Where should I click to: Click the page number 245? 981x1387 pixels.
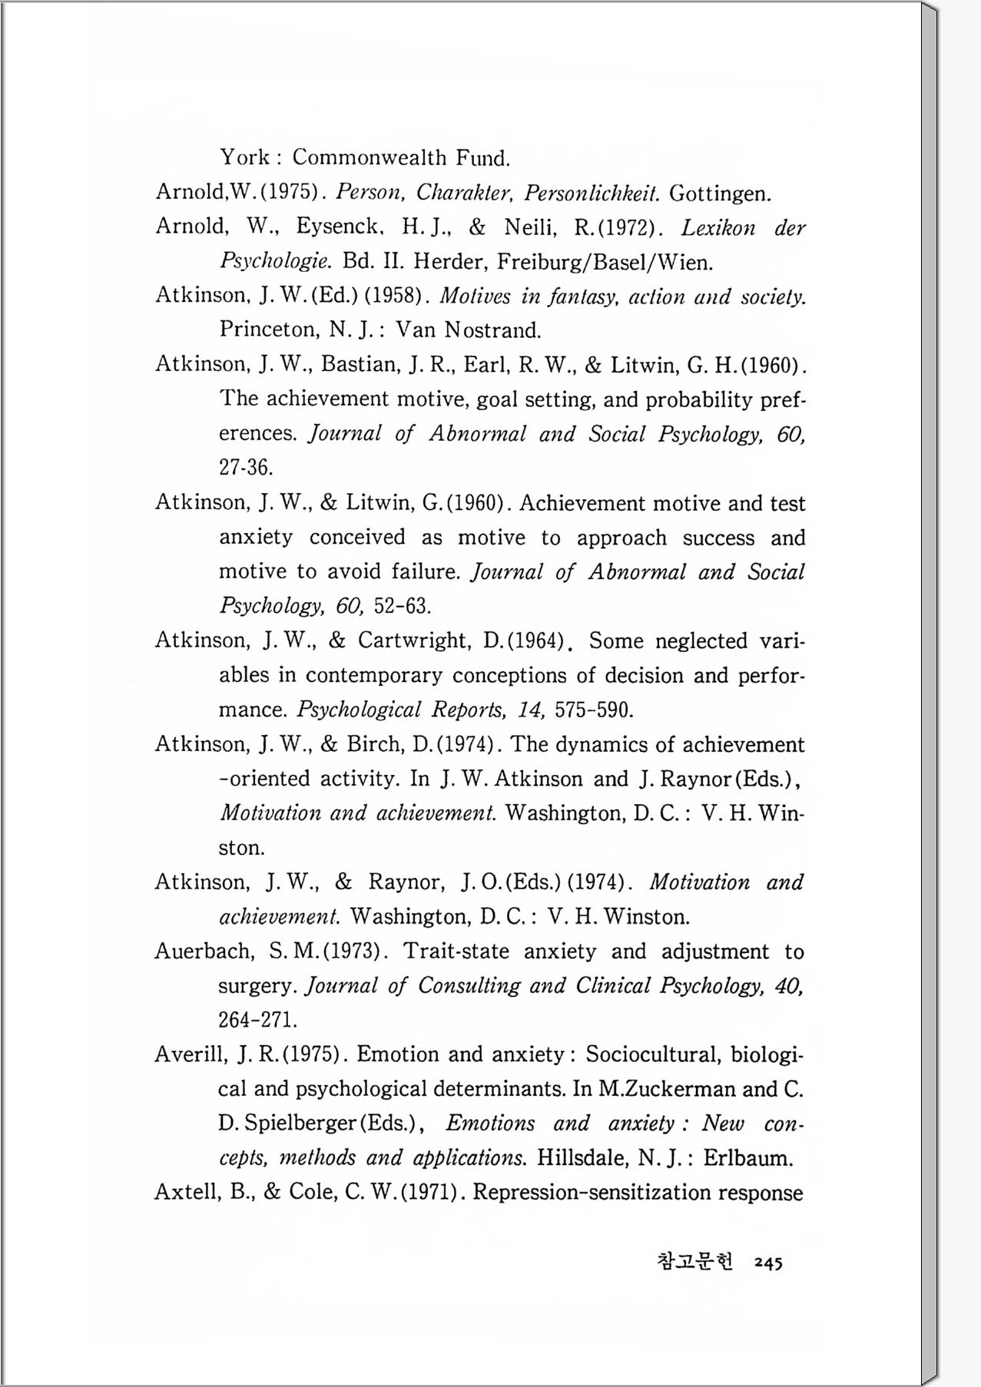tap(767, 1263)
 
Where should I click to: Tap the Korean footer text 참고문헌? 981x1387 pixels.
tap(695, 1261)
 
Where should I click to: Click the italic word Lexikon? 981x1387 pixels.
tap(718, 228)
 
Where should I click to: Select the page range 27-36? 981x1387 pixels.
tap(246, 467)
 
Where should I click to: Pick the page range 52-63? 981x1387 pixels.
tap(402, 607)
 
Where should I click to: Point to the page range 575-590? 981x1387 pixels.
tap(594, 710)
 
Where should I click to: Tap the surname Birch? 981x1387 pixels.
tap(374, 744)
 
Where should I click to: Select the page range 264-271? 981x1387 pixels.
tap(257, 1020)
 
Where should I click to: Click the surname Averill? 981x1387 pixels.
tap(191, 1054)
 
